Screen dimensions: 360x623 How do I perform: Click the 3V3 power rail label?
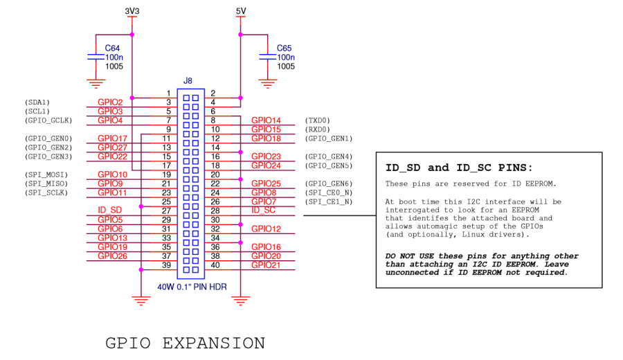click(132, 11)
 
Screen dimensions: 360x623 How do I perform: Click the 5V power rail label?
click(240, 11)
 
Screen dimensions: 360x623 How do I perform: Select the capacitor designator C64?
click(112, 48)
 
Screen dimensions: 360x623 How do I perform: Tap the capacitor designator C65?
click(284, 48)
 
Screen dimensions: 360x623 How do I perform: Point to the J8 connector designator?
click(188, 81)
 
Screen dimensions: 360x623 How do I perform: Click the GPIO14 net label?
click(266, 120)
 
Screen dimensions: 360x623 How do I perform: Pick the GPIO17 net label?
click(112, 138)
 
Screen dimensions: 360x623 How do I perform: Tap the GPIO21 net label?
click(266, 265)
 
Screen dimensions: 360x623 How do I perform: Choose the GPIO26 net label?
click(112, 256)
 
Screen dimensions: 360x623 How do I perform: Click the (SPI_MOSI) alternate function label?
click(46, 174)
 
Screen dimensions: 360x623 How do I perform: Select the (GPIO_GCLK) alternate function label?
click(47, 120)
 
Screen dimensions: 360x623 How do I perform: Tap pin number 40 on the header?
click(215, 265)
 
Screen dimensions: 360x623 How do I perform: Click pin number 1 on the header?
click(168, 93)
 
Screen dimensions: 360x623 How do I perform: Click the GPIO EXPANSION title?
click(185, 343)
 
